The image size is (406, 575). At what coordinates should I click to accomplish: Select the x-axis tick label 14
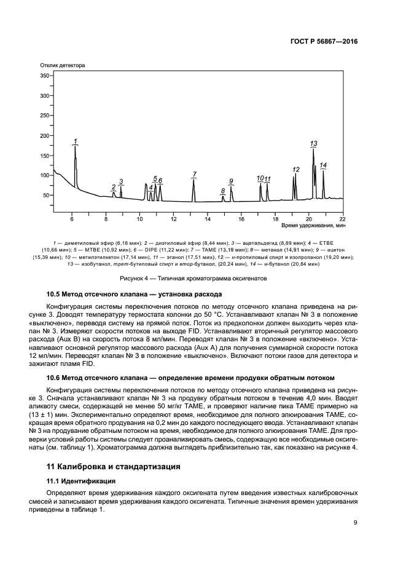click(x=208, y=219)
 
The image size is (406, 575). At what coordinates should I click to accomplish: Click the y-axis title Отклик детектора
click(x=62, y=65)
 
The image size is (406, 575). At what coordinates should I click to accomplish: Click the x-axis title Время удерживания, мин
click(x=313, y=226)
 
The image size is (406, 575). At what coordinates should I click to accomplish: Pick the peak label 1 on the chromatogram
click(x=75, y=141)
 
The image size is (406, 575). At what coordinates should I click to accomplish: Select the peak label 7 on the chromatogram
click(x=194, y=174)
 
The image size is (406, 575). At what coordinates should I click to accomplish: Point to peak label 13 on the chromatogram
click(x=313, y=143)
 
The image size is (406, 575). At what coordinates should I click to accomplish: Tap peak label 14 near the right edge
click(x=323, y=165)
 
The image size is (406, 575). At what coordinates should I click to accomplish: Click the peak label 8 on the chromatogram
click(x=223, y=191)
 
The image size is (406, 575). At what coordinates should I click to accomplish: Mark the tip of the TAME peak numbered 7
click(x=193, y=180)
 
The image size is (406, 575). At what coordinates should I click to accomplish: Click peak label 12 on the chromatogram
click(x=295, y=169)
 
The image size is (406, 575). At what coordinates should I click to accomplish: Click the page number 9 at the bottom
click(x=356, y=523)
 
